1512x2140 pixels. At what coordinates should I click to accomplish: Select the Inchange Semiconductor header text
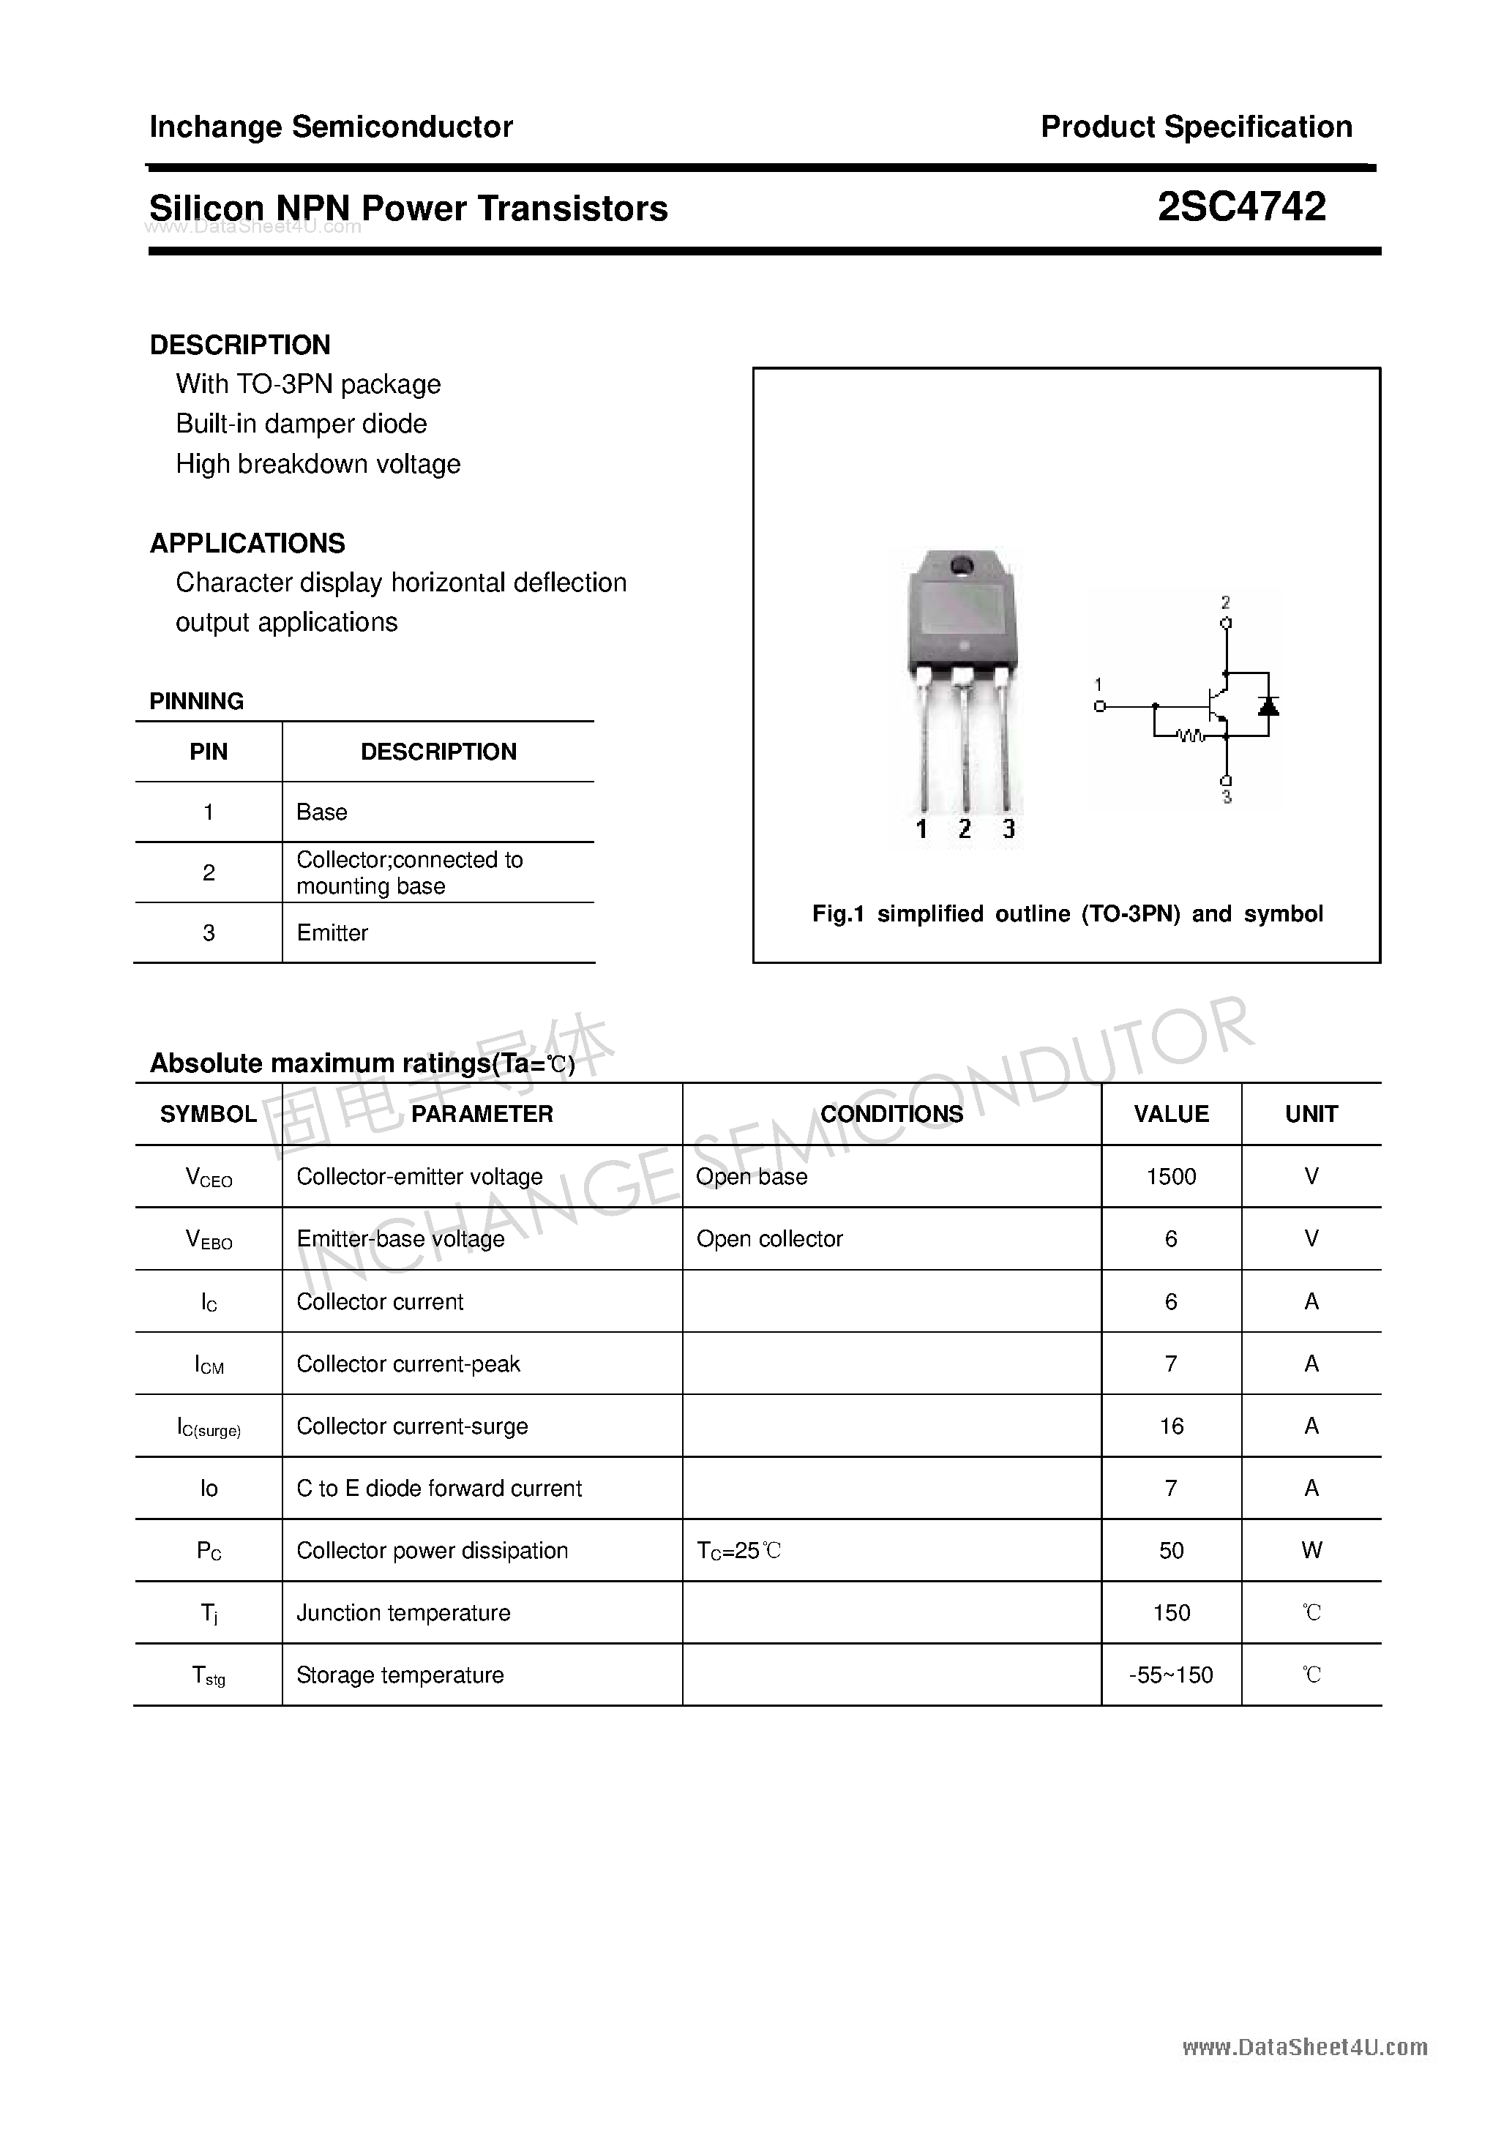(331, 127)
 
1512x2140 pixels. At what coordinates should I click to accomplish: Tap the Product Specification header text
(1196, 127)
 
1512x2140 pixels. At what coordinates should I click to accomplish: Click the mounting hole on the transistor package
(961, 565)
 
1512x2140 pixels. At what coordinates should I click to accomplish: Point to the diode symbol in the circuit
(1268, 706)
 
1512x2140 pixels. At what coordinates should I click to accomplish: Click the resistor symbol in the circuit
(1191, 737)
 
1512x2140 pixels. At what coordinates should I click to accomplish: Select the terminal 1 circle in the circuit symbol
(1100, 706)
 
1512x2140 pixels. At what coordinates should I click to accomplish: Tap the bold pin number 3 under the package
(1008, 828)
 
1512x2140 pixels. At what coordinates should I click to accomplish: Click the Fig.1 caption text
(1066, 913)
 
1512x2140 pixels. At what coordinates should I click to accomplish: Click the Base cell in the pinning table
(321, 812)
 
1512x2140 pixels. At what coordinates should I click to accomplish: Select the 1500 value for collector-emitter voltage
(1171, 1176)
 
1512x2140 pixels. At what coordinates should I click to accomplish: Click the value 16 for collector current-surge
(1171, 1426)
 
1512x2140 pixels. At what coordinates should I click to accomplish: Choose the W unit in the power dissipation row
(1311, 1550)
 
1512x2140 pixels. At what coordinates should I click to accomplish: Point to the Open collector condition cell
(769, 1239)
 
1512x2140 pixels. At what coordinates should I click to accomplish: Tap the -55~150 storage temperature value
(1171, 1675)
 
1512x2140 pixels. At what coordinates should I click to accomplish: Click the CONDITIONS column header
(891, 1114)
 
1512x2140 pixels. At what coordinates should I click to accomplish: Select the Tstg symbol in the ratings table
(209, 1676)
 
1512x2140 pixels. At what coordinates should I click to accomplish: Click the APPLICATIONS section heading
(247, 543)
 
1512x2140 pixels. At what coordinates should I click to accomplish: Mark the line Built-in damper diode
(301, 424)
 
